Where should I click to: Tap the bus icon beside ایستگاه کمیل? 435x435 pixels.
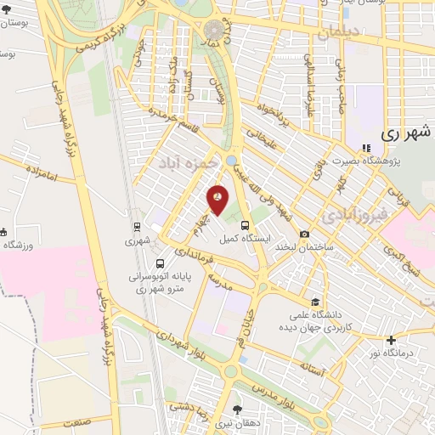point(246,226)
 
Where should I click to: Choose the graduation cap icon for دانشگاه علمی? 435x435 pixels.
point(315,302)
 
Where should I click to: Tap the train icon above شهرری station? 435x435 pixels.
point(137,227)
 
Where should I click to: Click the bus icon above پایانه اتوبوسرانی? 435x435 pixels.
point(161,262)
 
